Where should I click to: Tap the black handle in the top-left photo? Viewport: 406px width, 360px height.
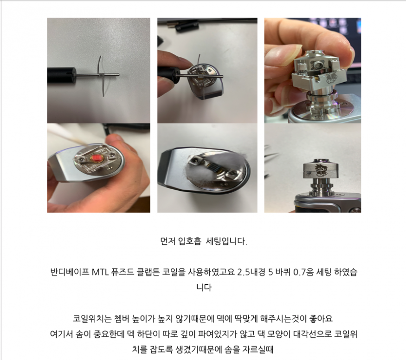(62, 75)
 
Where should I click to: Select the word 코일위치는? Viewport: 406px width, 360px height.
(92, 318)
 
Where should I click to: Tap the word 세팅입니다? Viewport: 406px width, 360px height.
(226, 242)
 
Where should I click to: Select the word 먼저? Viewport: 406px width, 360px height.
(168, 242)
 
